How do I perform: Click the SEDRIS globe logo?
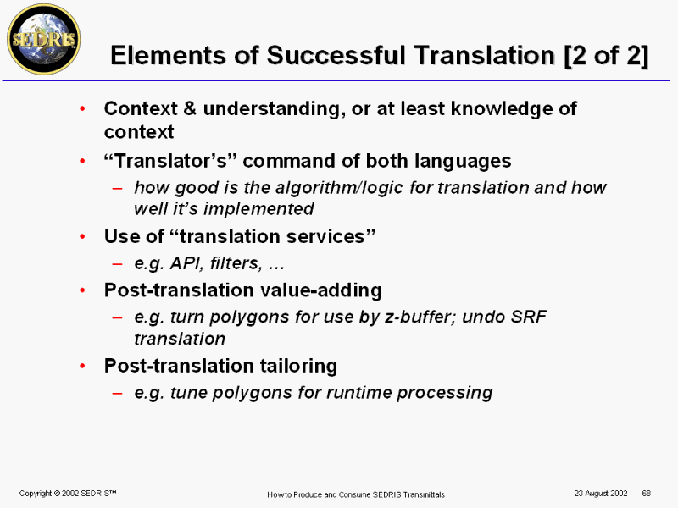(44, 39)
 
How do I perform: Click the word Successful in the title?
(336, 56)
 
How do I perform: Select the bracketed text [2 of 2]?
(607, 56)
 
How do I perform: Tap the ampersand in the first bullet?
(189, 108)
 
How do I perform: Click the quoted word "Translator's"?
(170, 161)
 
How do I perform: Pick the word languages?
(463, 162)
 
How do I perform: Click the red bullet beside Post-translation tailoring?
(82, 367)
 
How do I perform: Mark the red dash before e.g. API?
(117, 263)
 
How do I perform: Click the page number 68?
(646, 494)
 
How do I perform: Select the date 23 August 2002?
(601, 494)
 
